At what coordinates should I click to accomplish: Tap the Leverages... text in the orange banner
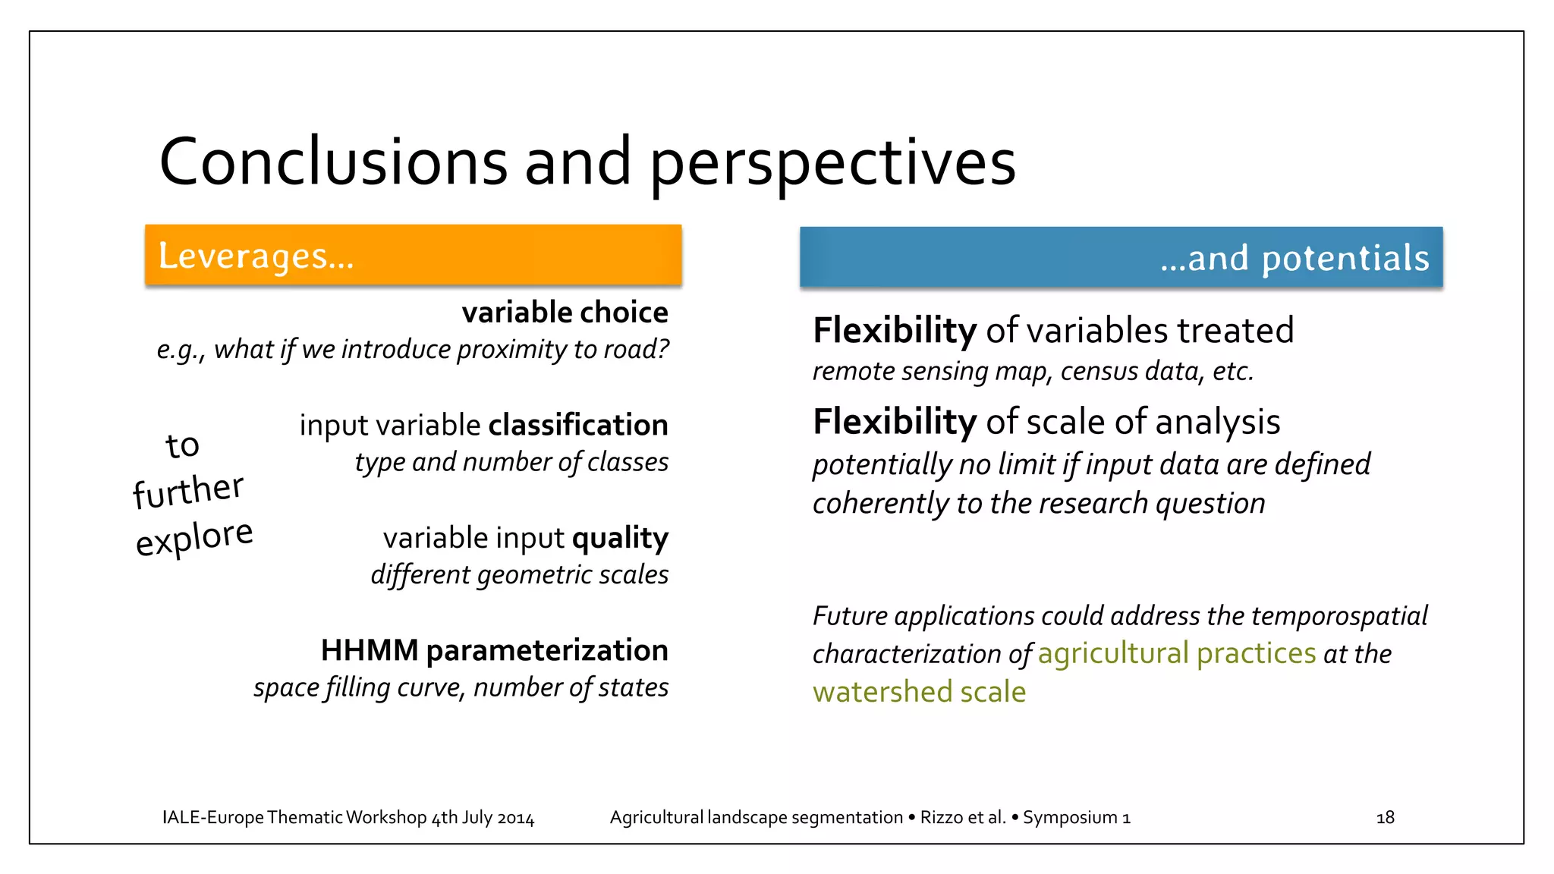(x=256, y=256)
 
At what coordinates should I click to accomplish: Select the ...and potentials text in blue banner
(x=1294, y=259)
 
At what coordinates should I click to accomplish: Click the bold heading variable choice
(x=565, y=313)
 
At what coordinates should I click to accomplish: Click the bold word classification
(x=578, y=425)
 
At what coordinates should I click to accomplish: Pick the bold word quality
(x=620, y=538)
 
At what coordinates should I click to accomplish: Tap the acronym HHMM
(x=370, y=650)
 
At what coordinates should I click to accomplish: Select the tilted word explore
(x=194, y=537)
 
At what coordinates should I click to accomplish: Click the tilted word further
(x=188, y=490)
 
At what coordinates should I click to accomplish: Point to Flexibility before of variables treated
(x=894, y=331)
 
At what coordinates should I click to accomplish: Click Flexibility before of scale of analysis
(x=894, y=422)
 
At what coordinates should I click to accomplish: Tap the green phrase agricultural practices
(x=1176, y=654)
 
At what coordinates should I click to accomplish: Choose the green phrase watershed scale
(x=919, y=692)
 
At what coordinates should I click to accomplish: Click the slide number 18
(x=1385, y=818)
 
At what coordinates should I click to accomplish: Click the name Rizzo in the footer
(x=941, y=818)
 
